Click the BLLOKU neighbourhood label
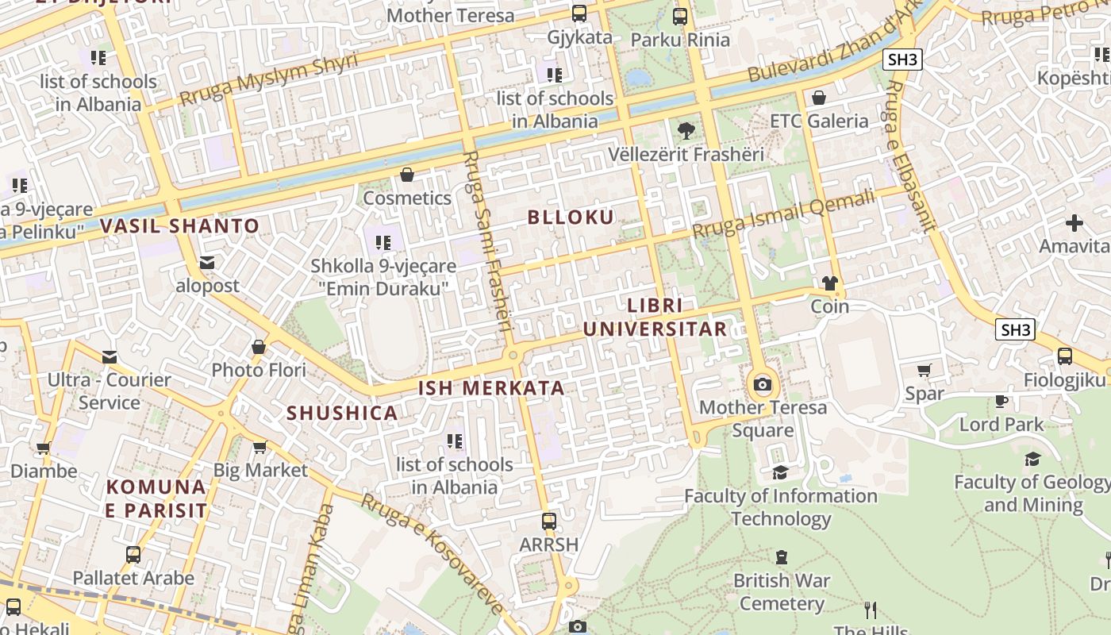571,217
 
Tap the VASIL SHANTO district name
180,226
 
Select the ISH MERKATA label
491,388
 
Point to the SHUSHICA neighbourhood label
342,414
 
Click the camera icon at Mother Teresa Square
763,385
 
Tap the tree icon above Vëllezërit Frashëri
686,130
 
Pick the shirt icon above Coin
830,283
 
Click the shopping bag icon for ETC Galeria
819,98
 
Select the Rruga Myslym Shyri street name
268,79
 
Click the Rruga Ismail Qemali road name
782,214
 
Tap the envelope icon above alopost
207,263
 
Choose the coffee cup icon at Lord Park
1001,401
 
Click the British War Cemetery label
782,592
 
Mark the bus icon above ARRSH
548,521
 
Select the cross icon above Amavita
1074,223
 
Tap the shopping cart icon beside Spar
925,370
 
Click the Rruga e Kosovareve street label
432,552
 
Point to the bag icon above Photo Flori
258,347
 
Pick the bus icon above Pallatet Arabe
133,554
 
